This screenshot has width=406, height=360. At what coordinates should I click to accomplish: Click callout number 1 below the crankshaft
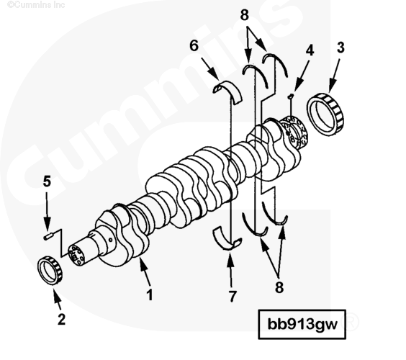pyautogui.click(x=150, y=294)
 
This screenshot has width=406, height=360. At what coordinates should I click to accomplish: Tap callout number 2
pyautogui.click(x=61, y=319)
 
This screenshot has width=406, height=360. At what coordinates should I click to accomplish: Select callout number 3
pyautogui.click(x=340, y=48)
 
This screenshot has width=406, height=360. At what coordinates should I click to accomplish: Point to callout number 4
pyautogui.click(x=310, y=50)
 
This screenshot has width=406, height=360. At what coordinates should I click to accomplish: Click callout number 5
pyautogui.click(x=47, y=181)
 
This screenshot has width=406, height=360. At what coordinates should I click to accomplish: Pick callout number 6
pyautogui.click(x=194, y=45)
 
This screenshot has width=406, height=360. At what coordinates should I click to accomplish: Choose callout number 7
pyautogui.click(x=233, y=296)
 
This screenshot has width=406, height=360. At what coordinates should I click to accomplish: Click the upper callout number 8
pyautogui.click(x=245, y=15)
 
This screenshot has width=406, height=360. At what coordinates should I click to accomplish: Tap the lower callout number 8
pyautogui.click(x=279, y=287)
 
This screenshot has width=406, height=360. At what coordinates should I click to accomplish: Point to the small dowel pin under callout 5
pyautogui.click(x=48, y=236)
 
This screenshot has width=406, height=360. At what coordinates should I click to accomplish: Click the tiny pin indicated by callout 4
pyautogui.click(x=291, y=96)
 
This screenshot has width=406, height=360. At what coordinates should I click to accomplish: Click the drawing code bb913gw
pyautogui.click(x=302, y=324)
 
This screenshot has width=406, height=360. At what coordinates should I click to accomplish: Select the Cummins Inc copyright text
pyautogui.click(x=36, y=4)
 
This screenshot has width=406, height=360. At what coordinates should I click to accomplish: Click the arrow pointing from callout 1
pyautogui.click(x=145, y=271)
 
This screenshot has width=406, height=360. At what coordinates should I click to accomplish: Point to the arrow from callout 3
pyautogui.click(x=334, y=76)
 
